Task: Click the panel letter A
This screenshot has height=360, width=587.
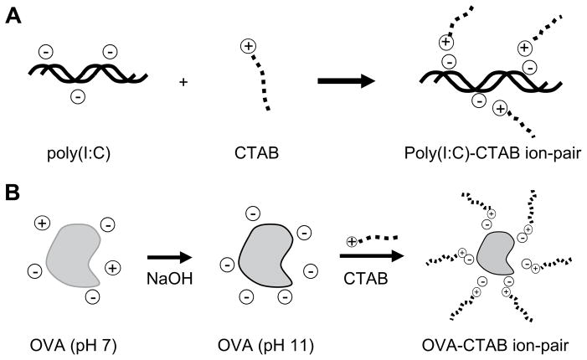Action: click(x=13, y=16)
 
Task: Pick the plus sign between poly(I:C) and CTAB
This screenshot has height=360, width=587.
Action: click(x=183, y=82)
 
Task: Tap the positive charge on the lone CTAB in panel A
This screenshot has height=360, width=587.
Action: click(x=248, y=47)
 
